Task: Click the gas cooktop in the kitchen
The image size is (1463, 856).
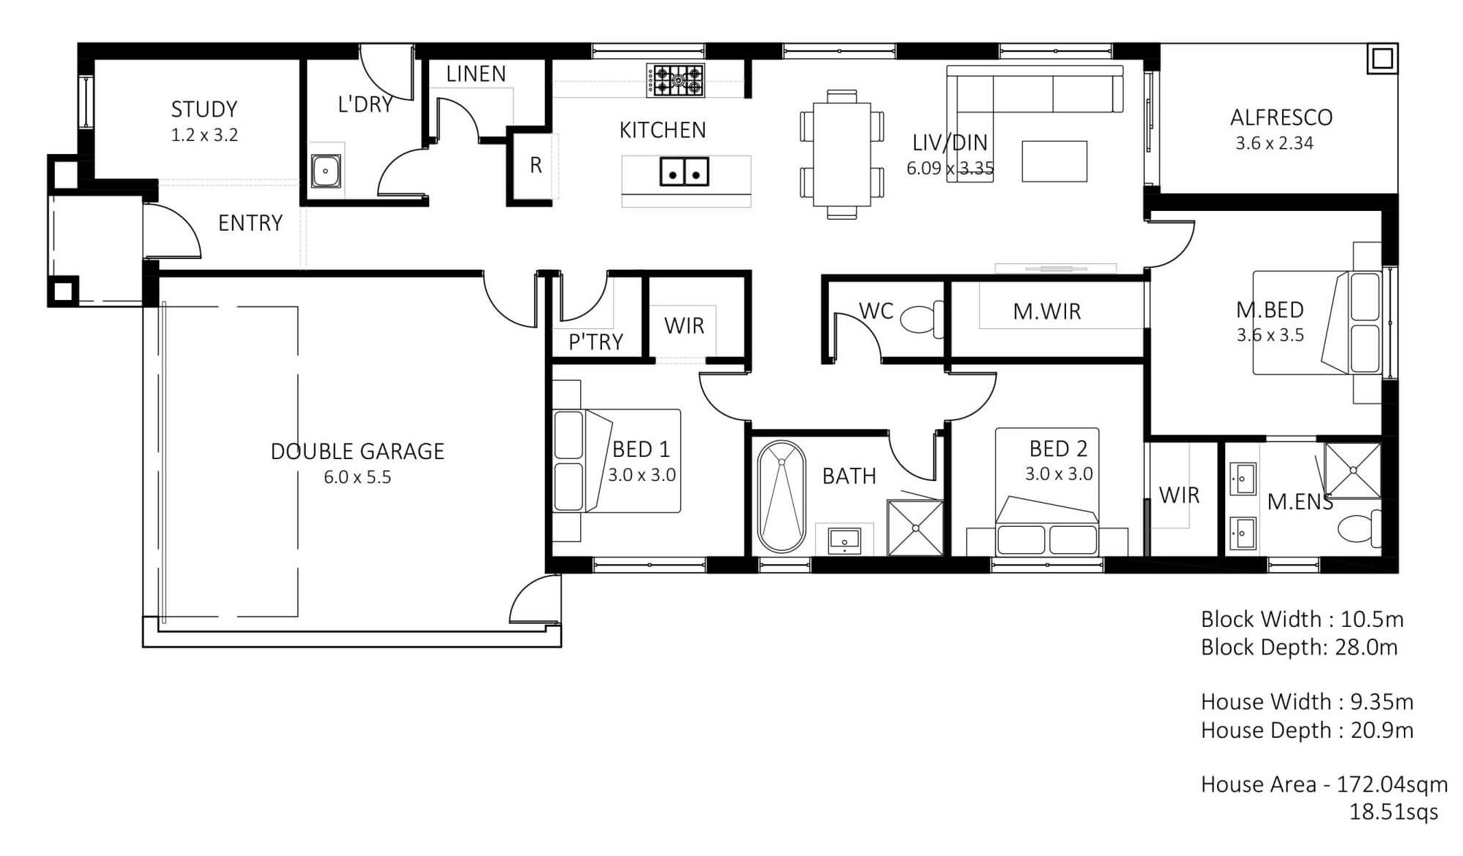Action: (x=675, y=80)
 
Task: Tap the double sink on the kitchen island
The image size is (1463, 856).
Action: (x=684, y=171)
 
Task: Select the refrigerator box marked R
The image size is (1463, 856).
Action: (x=536, y=166)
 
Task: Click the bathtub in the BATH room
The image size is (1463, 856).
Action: (x=781, y=496)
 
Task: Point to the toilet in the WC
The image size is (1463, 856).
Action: (x=922, y=319)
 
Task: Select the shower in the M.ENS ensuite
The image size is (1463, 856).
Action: (x=1352, y=470)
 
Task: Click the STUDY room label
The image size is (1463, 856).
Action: (x=204, y=109)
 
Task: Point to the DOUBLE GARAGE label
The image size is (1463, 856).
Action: (x=358, y=452)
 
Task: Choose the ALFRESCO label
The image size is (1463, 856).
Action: (x=1281, y=117)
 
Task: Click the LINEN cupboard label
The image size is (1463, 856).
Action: (x=476, y=74)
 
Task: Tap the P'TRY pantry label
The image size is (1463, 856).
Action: (x=595, y=342)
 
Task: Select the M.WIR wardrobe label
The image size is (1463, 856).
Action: (x=1046, y=312)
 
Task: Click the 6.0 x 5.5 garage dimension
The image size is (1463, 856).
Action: (x=358, y=477)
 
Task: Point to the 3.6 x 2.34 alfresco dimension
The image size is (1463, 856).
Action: (x=1274, y=143)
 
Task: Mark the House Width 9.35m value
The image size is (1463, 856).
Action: (x=1382, y=702)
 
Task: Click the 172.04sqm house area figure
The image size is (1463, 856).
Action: (x=1392, y=784)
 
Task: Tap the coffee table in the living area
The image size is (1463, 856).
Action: (x=1054, y=161)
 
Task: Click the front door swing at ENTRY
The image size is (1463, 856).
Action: (x=172, y=230)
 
